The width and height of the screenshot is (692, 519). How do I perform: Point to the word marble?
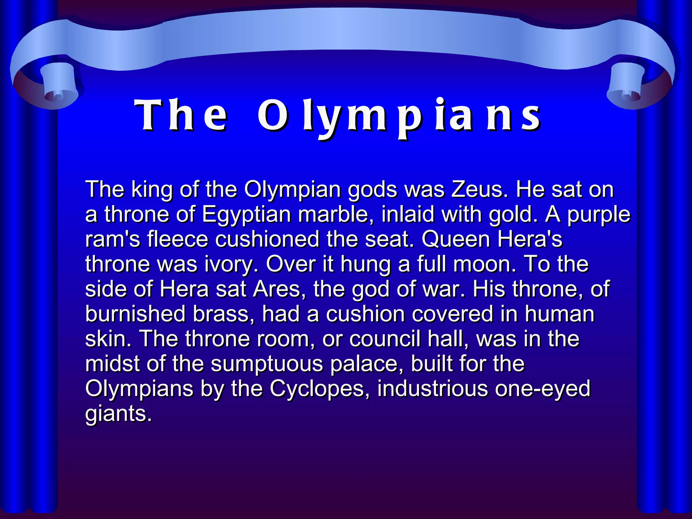336,214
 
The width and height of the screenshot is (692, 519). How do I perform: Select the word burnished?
135,314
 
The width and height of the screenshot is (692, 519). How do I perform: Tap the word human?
559,314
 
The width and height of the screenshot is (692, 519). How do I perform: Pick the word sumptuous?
267,364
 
